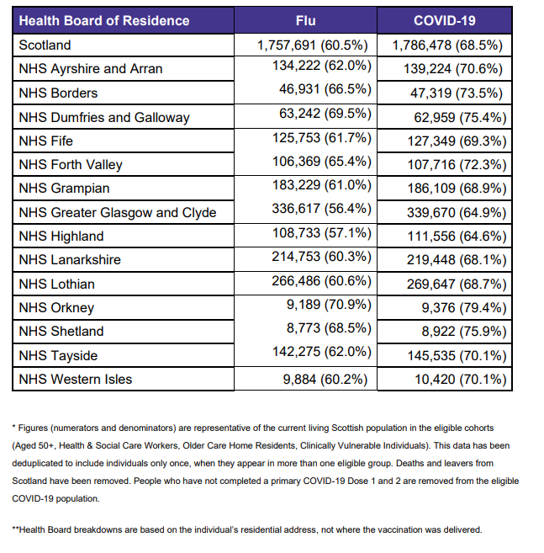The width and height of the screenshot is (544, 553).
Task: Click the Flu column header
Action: pyautogui.click(x=306, y=20)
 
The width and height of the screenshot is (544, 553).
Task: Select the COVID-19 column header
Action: pyautogui.click(x=445, y=20)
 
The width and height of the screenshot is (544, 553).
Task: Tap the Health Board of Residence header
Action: pyautogui.click(x=104, y=20)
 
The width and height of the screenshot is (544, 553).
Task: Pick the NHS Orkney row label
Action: pyautogui.click(x=56, y=308)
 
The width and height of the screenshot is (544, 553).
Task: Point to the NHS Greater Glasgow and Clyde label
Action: pyautogui.click(x=118, y=212)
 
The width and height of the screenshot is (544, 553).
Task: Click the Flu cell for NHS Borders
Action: pyautogui.click(x=324, y=93)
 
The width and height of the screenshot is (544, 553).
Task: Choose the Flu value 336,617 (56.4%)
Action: pyautogui.click(x=320, y=212)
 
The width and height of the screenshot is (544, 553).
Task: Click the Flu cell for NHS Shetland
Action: pyautogui.click(x=329, y=332)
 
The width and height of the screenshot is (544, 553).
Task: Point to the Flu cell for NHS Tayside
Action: pyautogui.click(x=320, y=355)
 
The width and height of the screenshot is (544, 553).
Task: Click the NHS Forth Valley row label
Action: pyautogui.click(x=71, y=165)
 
